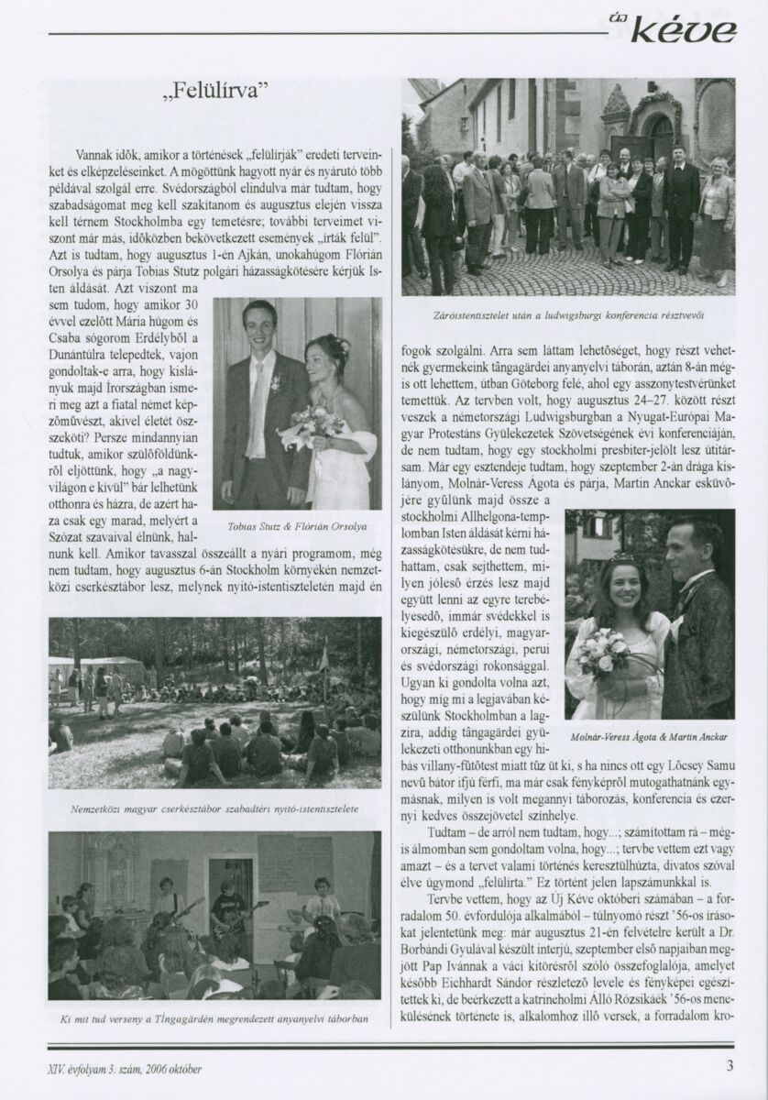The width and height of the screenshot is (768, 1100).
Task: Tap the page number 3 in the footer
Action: (x=730, y=1067)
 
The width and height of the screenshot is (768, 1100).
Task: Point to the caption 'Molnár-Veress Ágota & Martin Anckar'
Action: (x=650, y=736)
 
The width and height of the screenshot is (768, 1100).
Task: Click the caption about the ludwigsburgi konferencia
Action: (x=568, y=315)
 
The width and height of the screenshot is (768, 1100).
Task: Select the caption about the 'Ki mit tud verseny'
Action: (x=214, y=1018)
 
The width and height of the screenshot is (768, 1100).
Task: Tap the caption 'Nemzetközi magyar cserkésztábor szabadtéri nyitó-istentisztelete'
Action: (x=214, y=809)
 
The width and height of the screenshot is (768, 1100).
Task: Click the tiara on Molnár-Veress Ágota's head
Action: (x=623, y=556)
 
